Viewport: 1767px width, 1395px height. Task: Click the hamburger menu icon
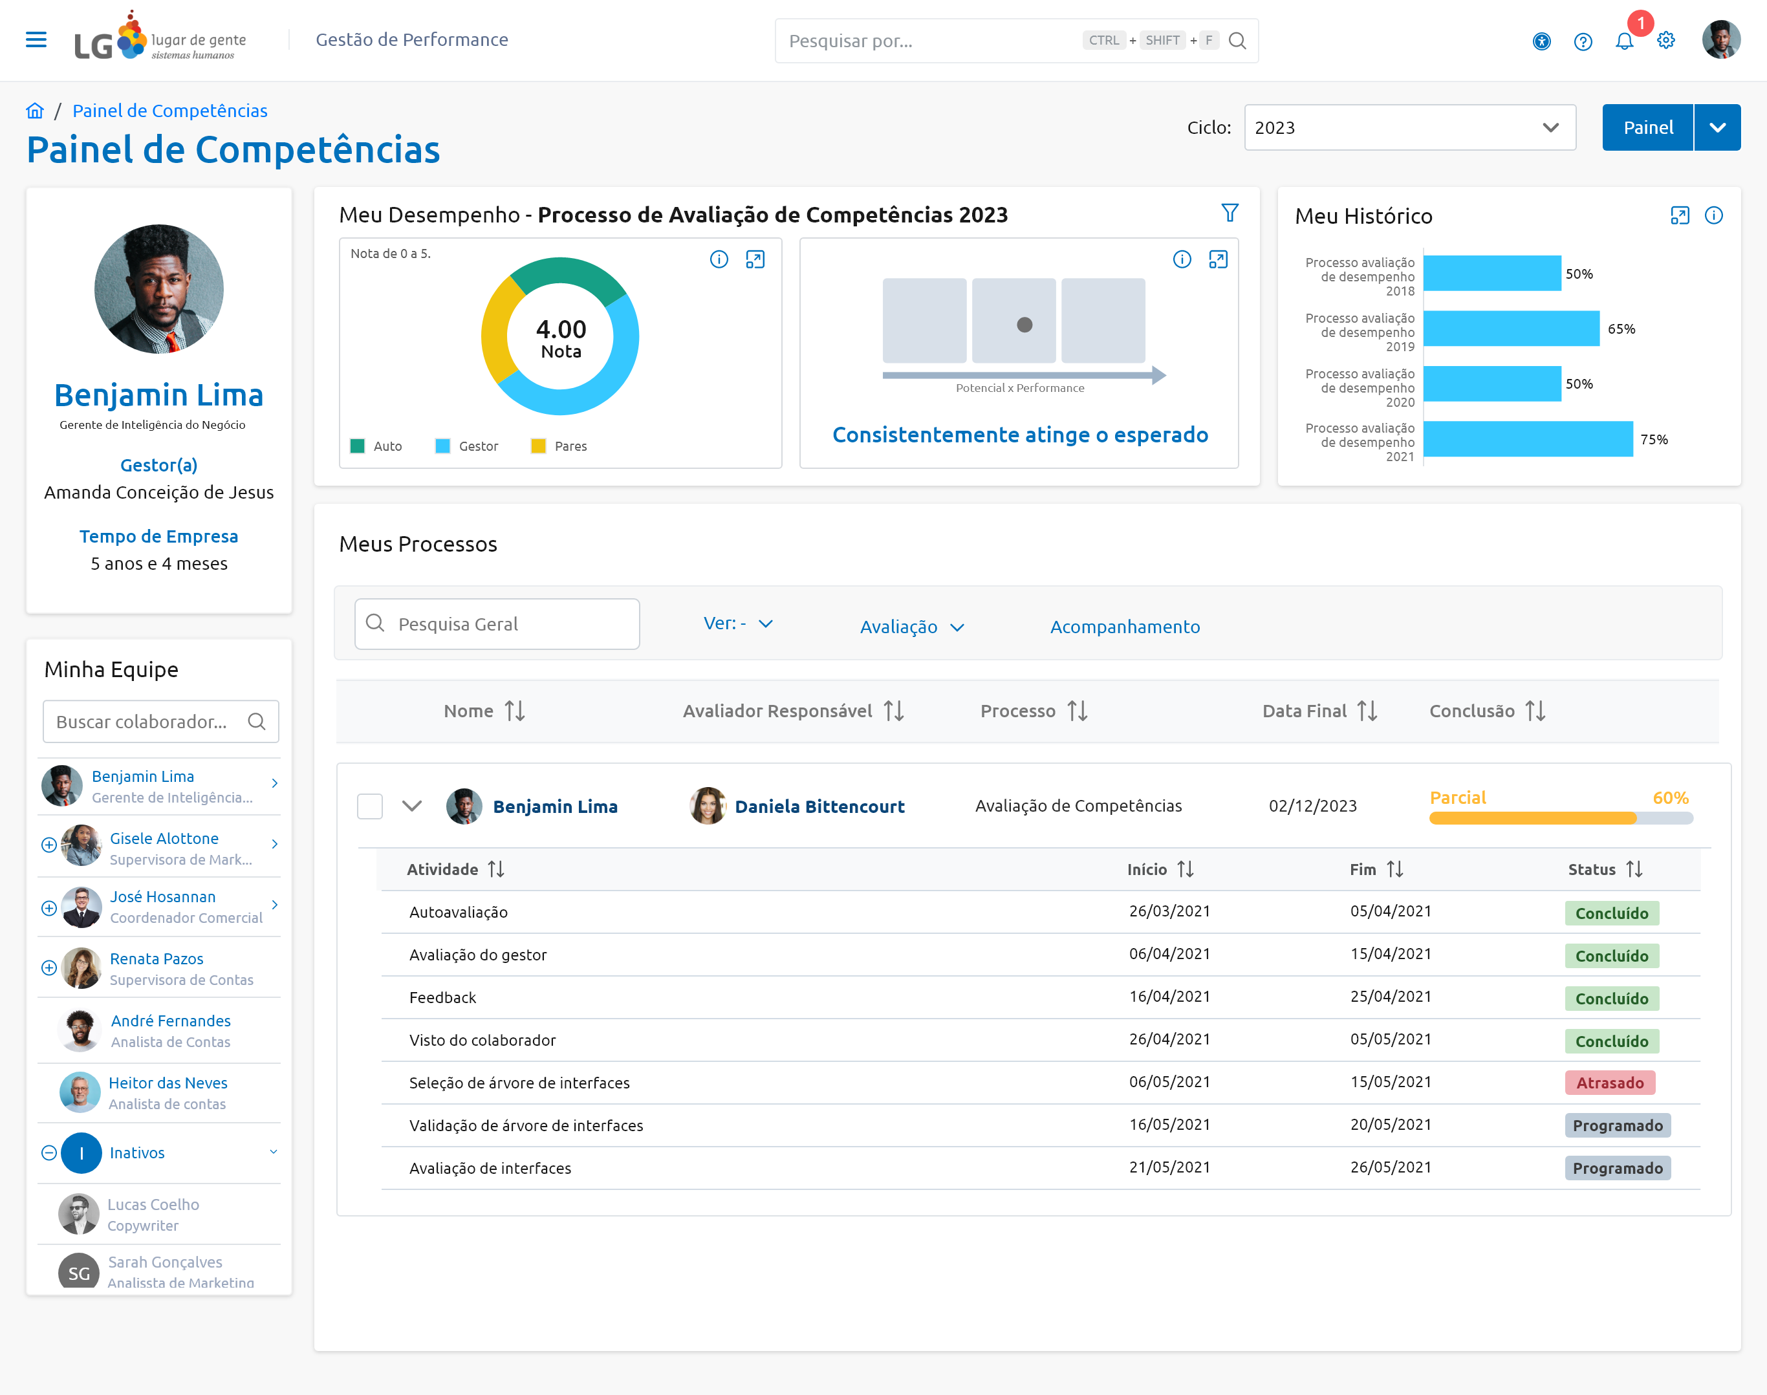(x=36, y=40)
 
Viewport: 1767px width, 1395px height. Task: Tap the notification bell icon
(x=1624, y=41)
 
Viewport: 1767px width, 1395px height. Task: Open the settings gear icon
(x=1665, y=41)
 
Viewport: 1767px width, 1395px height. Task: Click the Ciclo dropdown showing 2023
(x=1409, y=127)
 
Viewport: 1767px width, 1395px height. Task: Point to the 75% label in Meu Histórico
(x=1653, y=439)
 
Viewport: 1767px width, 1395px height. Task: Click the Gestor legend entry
(x=466, y=446)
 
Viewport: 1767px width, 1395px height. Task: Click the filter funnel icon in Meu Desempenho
(x=1230, y=213)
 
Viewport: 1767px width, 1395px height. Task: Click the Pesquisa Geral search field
(x=497, y=624)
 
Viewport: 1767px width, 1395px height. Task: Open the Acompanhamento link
(x=1125, y=627)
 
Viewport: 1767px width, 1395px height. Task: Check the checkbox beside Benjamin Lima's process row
(x=370, y=806)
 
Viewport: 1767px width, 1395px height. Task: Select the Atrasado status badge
(x=1609, y=1083)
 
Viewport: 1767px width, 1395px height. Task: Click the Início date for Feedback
(x=1169, y=997)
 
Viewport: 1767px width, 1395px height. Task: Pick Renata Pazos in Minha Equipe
(x=156, y=959)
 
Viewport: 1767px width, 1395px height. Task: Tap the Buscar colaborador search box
(x=161, y=721)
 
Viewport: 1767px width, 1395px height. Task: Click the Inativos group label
(x=137, y=1152)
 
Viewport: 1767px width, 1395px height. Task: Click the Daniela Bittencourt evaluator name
(x=819, y=806)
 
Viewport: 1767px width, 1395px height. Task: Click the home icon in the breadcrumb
(x=35, y=110)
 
